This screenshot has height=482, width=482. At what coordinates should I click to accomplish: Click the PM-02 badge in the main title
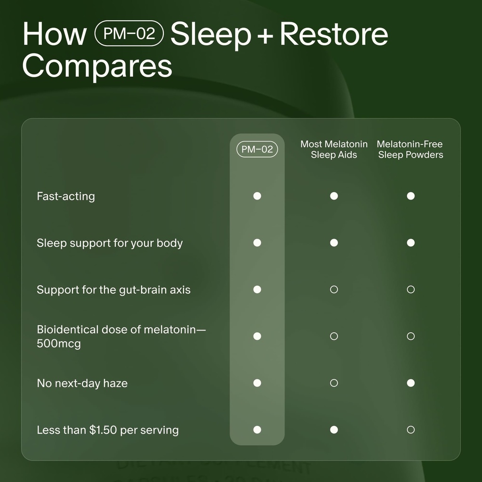point(129,34)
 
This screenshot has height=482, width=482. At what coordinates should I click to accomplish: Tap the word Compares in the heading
point(97,66)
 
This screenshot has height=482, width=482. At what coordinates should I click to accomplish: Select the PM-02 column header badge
point(257,150)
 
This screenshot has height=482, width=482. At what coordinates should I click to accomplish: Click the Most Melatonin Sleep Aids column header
point(334,150)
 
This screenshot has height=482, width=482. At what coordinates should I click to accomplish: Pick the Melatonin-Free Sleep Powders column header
point(410,150)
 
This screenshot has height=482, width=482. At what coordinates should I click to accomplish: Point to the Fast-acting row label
point(66,196)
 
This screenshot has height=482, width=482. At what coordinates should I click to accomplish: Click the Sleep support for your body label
point(110,243)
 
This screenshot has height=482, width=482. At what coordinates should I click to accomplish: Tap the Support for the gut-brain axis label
point(113,289)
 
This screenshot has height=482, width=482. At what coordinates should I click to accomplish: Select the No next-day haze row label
point(82,383)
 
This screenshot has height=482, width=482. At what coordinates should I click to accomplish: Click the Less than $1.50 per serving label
point(108,430)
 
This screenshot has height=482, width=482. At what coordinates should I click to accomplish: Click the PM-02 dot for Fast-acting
point(257,196)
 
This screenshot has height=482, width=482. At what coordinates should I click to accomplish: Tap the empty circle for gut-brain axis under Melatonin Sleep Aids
point(334,289)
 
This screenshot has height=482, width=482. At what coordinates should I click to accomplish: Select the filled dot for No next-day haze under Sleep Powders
point(410,383)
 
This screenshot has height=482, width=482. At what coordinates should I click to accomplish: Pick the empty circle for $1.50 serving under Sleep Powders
point(410,429)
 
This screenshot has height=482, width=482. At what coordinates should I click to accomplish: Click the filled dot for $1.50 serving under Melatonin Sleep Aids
point(334,429)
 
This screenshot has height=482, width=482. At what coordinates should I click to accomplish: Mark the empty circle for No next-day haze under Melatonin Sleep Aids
point(334,383)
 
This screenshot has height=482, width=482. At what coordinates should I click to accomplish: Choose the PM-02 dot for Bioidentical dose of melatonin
point(257,336)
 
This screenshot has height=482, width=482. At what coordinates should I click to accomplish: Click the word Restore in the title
point(334,34)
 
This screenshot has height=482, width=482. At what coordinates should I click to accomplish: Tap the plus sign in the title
point(265,35)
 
